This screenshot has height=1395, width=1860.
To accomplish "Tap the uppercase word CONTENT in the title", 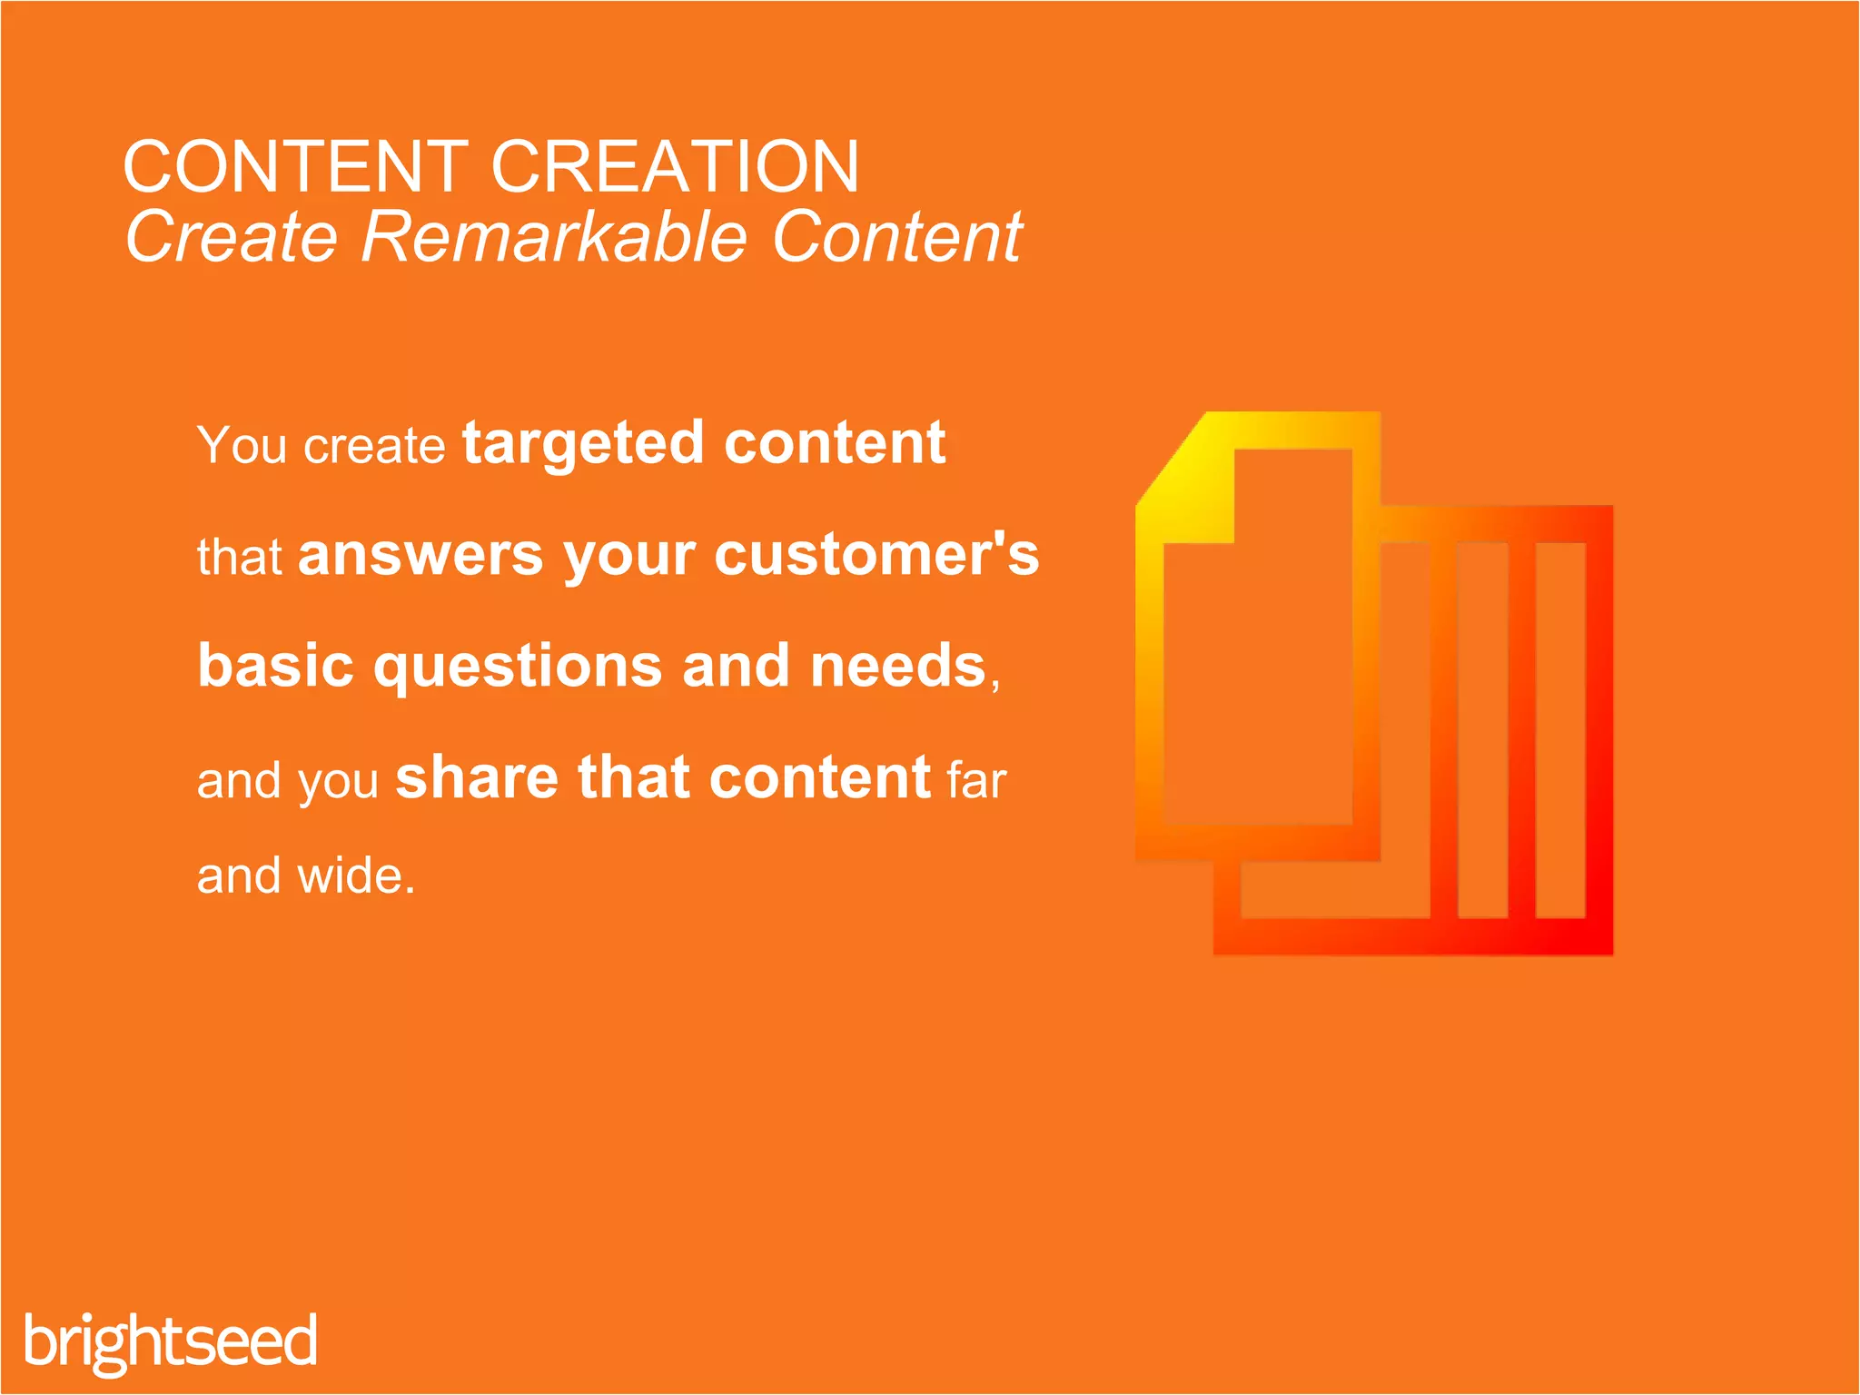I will (x=295, y=167).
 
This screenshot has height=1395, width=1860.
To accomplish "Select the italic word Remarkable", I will (x=554, y=238).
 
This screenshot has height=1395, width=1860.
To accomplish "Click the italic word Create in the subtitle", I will (x=232, y=238).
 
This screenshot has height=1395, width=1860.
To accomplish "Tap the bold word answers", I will (x=420, y=555).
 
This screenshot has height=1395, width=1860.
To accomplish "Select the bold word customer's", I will (x=876, y=555).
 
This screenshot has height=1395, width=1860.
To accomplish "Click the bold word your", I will (x=628, y=557).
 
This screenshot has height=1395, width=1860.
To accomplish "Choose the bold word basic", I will (x=275, y=666).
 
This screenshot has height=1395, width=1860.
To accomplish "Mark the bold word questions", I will (x=518, y=668).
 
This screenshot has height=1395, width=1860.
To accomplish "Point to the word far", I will (x=976, y=780).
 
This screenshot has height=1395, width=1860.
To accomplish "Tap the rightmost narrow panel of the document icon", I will (x=1560, y=730).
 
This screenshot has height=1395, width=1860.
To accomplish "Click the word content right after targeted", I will (x=835, y=444).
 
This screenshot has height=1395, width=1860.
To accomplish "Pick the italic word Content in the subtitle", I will (x=896, y=238).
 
